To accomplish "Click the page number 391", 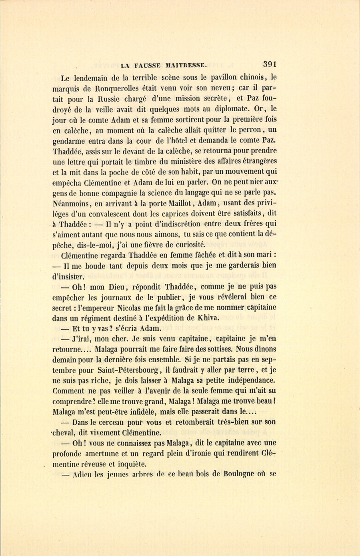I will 270,64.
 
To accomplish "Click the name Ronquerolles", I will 124,88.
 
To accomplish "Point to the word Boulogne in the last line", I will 238,474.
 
